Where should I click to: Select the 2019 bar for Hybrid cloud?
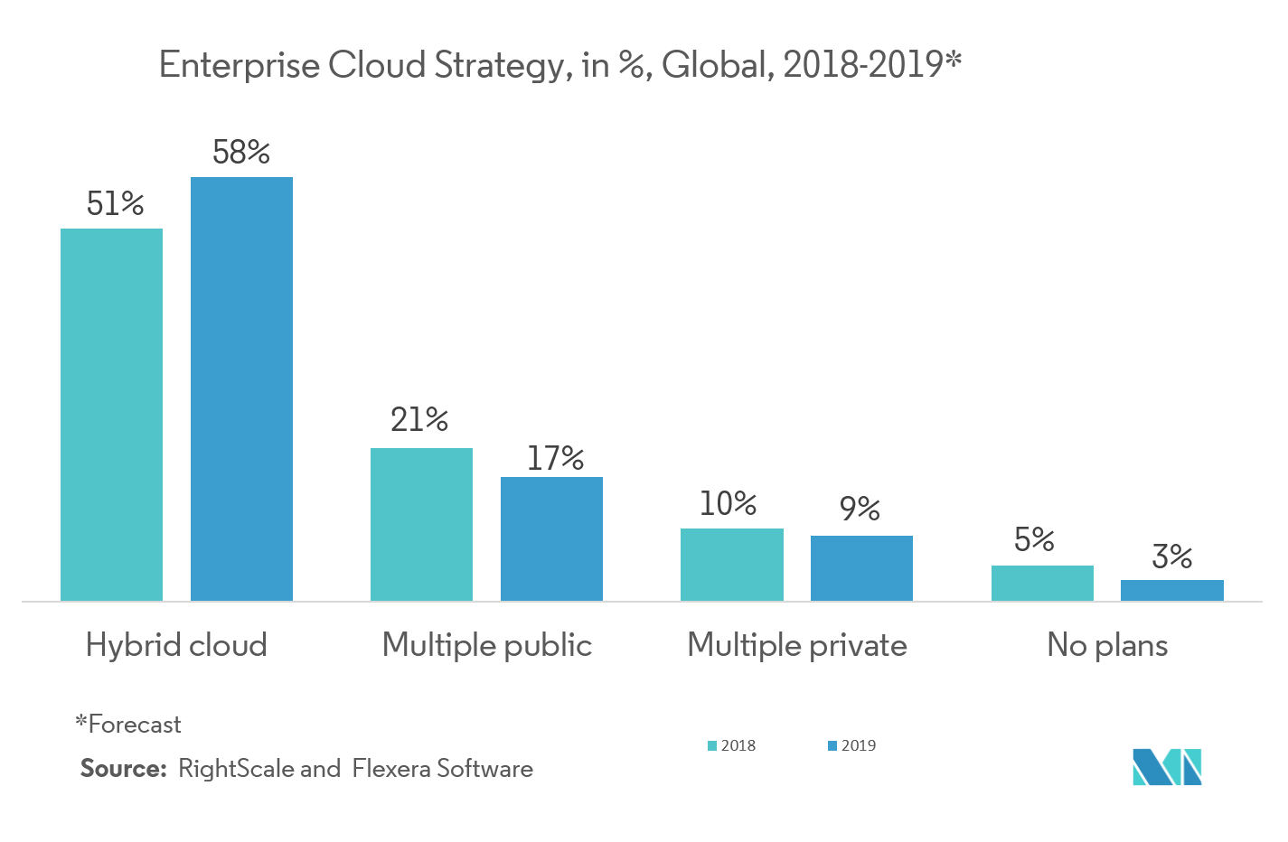(x=241, y=388)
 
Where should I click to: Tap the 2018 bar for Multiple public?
(x=421, y=524)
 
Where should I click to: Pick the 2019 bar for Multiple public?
(x=551, y=538)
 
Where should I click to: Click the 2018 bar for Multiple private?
(x=731, y=564)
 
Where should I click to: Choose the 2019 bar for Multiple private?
(x=861, y=567)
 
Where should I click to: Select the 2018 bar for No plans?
(x=1042, y=583)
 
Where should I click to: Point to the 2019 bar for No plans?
(x=1171, y=590)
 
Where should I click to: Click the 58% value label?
(x=241, y=153)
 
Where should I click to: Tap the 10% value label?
(x=728, y=504)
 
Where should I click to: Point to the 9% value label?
(x=860, y=508)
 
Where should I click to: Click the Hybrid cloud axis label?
(x=176, y=645)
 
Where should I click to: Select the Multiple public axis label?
(x=486, y=645)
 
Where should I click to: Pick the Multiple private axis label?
(x=796, y=645)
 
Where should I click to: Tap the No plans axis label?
(x=1107, y=645)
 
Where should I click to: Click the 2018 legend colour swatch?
(x=712, y=750)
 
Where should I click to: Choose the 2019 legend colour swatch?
(x=832, y=750)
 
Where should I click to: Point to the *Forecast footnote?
(x=128, y=725)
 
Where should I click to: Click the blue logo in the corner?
(x=1167, y=767)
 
